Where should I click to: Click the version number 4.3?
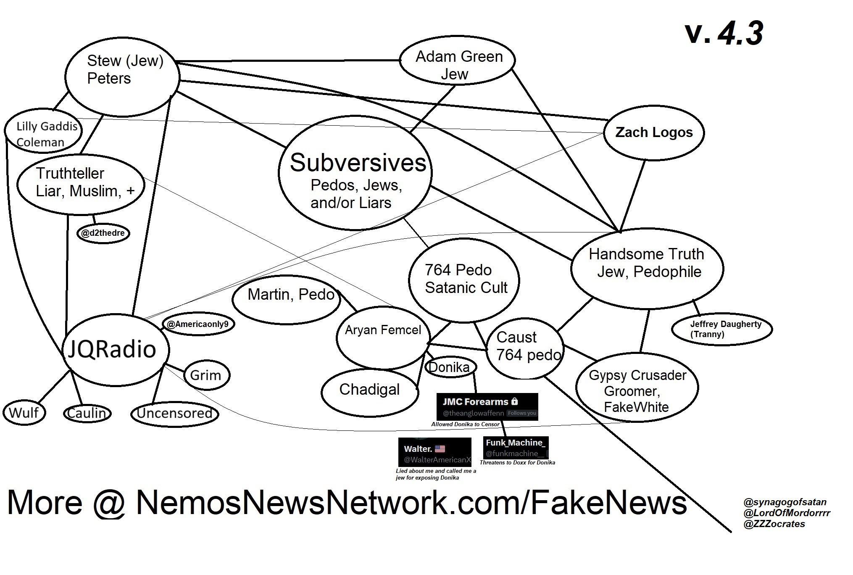point(740,33)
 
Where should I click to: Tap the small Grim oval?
point(206,375)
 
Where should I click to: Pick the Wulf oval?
point(24,412)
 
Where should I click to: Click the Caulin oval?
point(87,413)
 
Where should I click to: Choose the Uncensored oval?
point(174,413)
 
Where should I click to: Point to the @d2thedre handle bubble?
point(103,233)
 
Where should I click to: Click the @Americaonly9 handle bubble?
point(198,324)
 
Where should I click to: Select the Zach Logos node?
point(654,132)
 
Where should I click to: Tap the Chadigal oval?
point(370,390)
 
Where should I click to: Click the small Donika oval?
point(450,367)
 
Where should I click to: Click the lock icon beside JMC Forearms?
point(515,401)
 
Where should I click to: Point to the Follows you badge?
point(522,413)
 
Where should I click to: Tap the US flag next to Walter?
point(440,449)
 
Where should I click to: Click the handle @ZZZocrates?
point(774,524)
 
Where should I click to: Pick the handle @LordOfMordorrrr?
point(787,513)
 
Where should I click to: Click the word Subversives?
point(358,163)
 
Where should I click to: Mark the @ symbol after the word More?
point(109,503)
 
